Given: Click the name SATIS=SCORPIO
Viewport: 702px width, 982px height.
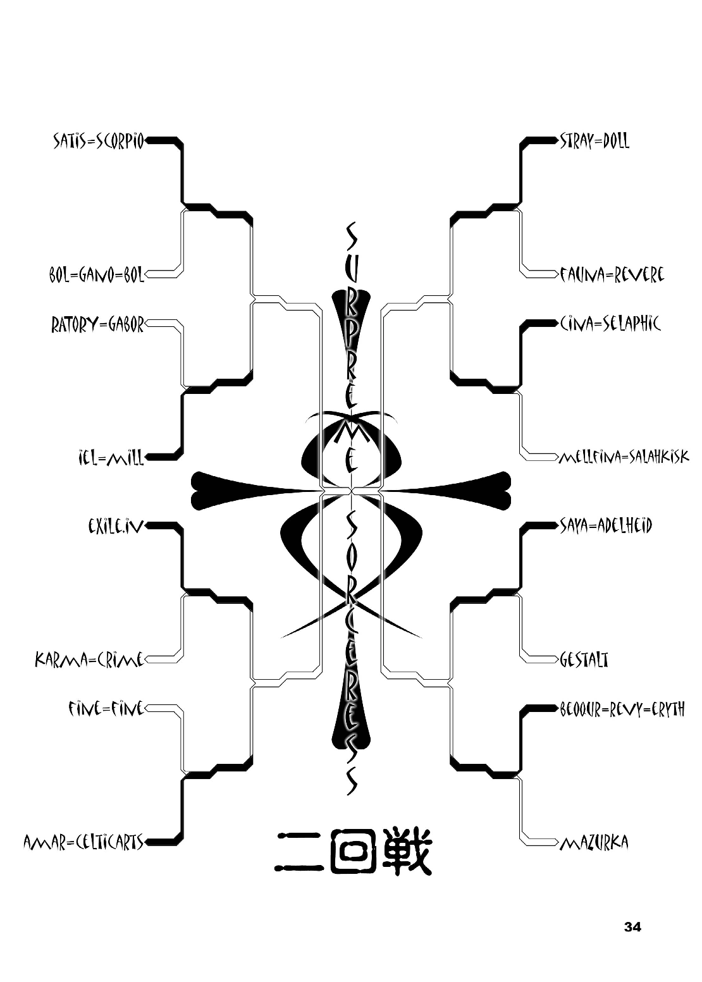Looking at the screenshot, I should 99,141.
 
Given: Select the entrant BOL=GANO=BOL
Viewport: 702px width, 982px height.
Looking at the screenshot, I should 97,276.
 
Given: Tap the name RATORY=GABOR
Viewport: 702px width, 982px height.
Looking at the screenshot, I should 98,325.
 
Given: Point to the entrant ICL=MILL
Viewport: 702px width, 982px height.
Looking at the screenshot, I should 108,457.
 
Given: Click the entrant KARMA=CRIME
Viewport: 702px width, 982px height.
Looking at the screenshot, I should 90,661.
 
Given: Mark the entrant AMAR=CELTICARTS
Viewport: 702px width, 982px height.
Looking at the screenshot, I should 83,842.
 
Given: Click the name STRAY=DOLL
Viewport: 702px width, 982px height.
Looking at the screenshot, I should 594,141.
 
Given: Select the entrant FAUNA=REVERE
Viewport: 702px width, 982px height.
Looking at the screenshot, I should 612,275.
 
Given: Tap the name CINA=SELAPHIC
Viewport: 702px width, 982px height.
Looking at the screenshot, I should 610,324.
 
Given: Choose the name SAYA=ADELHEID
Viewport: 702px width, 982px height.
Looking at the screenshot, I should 605,525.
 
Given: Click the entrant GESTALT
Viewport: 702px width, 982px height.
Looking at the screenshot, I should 584,660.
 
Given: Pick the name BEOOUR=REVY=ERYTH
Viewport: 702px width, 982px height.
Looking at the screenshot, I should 622,709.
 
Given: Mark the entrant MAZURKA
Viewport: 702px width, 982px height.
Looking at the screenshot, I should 594,843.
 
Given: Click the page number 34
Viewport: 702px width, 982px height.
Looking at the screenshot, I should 632,928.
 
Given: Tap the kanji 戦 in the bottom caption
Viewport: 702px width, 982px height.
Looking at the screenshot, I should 405,850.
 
